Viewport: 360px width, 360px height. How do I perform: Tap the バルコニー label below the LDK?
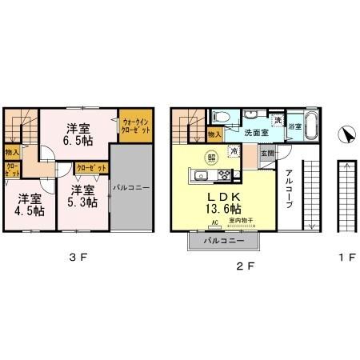pos(224,240)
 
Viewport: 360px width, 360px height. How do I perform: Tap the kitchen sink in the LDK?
pos(201,176)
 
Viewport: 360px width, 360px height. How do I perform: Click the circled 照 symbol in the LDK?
pos(213,157)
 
